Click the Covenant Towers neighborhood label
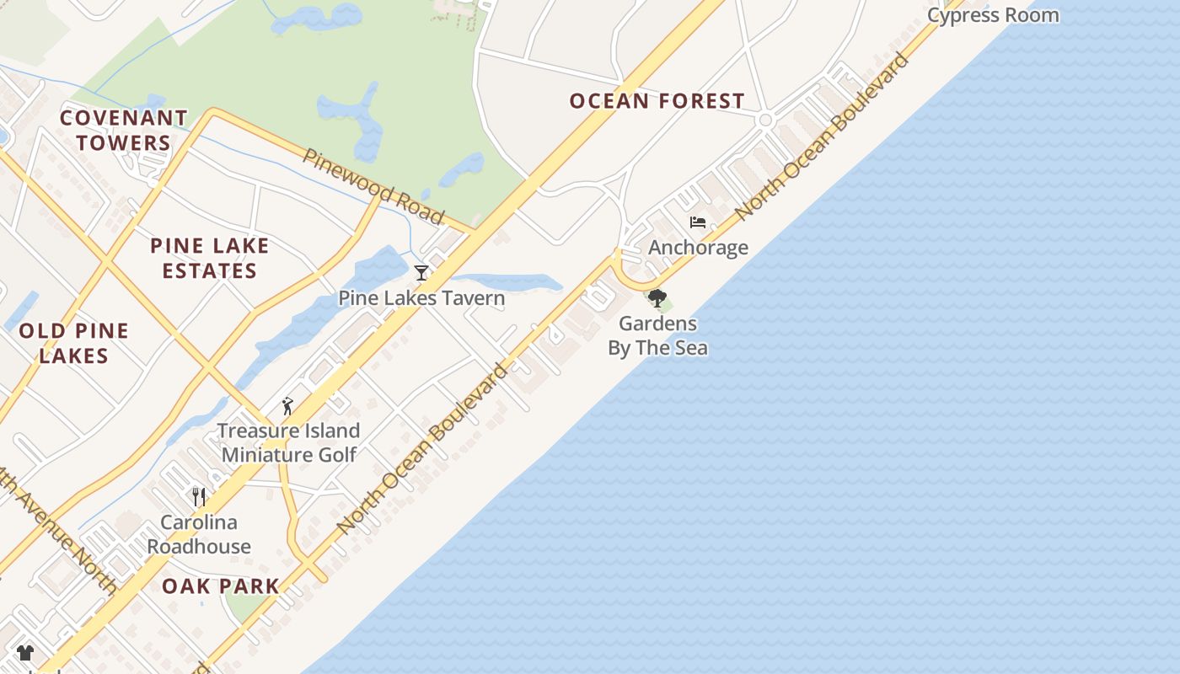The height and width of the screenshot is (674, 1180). pyautogui.click(x=123, y=130)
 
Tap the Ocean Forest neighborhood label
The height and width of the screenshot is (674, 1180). pyautogui.click(x=657, y=101)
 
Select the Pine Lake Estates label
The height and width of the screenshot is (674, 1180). pyautogui.click(x=209, y=258)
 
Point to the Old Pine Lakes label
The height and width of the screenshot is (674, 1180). pyautogui.click(x=73, y=343)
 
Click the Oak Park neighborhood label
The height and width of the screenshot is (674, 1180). pyautogui.click(x=220, y=586)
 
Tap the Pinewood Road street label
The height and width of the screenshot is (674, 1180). pyautogui.click(x=373, y=187)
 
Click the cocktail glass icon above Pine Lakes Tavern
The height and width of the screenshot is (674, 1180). pyautogui.click(x=421, y=273)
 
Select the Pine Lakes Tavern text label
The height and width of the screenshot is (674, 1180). pyautogui.click(x=421, y=297)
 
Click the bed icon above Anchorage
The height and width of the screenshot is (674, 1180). pyautogui.click(x=698, y=222)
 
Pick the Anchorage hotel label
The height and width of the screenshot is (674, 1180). pyautogui.click(x=698, y=247)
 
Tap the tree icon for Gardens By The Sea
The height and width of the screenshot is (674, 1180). pyautogui.click(x=657, y=298)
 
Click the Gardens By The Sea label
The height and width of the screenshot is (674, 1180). pyautogui.click(x=657, y=335)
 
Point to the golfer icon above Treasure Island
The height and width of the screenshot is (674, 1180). pyautogui.click(x=287, y=406)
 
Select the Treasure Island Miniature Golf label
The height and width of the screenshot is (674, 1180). pyautogui.click(x=288, y=442)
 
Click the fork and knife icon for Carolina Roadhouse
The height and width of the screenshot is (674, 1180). pyautogui.click(x=199, y=496)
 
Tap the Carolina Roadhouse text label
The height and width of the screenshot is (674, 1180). pyautogui.click(x=199, y=534)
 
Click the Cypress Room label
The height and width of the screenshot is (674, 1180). pyautogui.click(x=993, y=15)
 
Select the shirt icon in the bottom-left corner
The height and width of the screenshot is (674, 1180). pyautogui.click(x=25, y=652)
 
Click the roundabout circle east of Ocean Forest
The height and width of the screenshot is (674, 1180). pyautogui.click(x=765, y=120)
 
